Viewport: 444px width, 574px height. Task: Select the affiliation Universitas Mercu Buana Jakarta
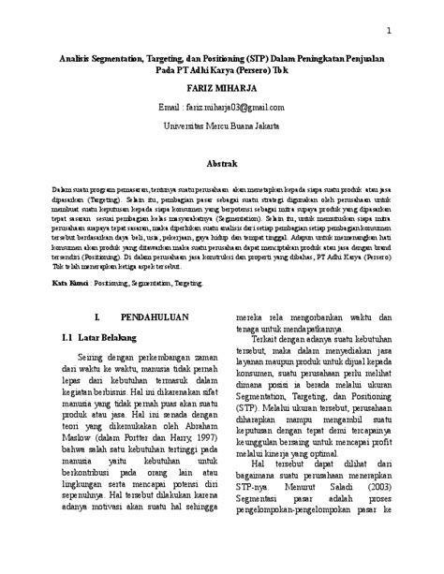click(x=221, y=124)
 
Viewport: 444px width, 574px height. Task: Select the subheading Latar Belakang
click(x=108, y=334)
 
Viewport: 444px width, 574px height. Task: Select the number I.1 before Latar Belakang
click(x=67, y=334)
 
